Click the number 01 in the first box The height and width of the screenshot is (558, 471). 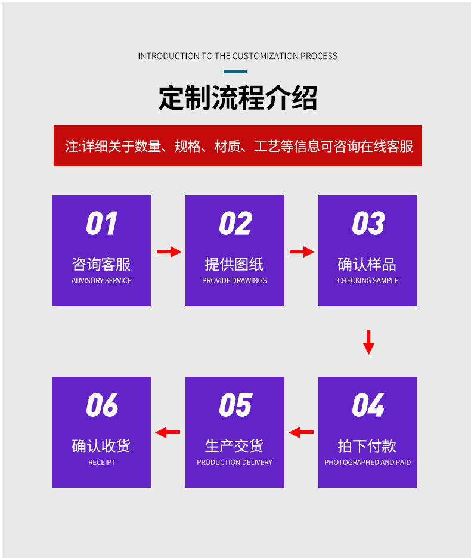pyautogui.click(x=101, y=224)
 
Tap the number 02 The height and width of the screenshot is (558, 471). pyautogui.click(x=235, y=224)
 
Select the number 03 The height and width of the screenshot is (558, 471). pyautogui.click(x=368, y=224)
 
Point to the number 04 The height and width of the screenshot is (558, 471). pyautogui.click(x=368, y=405)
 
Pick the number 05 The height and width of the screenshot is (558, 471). pyautogui.click(x=235, y=405)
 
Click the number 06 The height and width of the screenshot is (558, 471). pyautogui.click(x=101, y=405)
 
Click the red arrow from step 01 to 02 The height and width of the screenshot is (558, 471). pyautogui.click(x=169, y=252)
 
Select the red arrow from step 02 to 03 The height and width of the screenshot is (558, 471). pyautogui.click(x=302, y=252)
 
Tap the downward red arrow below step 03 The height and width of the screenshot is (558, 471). pyautogui.click(x=368, y=342)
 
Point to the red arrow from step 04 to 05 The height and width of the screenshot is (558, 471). pyautogui.click(x=302, y=432)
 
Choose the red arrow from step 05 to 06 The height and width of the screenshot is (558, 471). pyautogui.click(x=168, y=432)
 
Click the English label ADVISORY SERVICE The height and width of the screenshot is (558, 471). pyautogui.click(x=101, y=281)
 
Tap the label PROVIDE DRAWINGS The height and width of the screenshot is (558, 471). pyautogui.click(x=234, y=281)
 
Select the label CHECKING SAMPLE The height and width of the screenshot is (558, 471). pyautogui.click(x=368, y=281)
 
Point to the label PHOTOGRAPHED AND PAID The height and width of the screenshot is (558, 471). pyautogui.click(x=367, y=463)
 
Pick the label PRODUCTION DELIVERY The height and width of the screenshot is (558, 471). pyautogui.click(x=234, y=463)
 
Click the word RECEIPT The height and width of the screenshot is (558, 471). pyautogui.click(x=101, y=463)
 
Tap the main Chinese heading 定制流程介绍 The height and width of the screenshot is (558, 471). pyautogui.click(x=237, y=98)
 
